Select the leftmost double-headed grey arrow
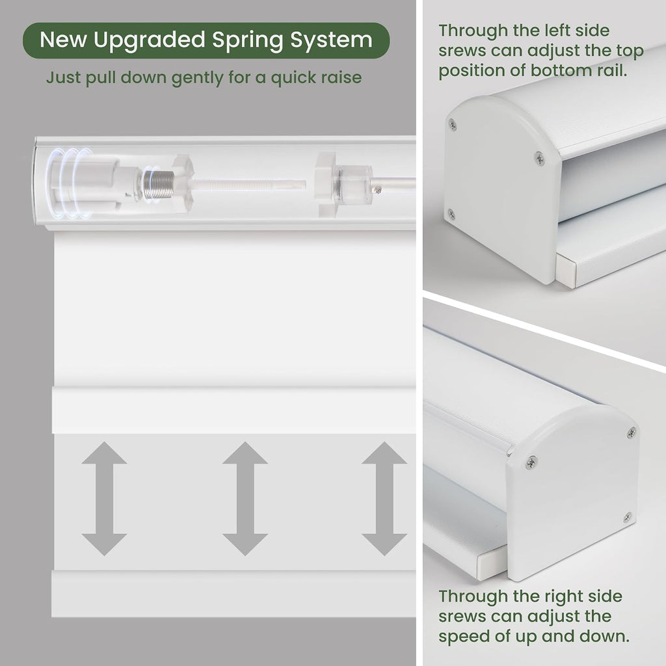pyautogui.click(x=104, y=498)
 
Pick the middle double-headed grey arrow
pyautogui.click(x=245, y=498)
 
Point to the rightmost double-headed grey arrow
pyautogui.click(x=384, y=498)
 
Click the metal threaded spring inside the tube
pyautogui.click(x=157, y=185)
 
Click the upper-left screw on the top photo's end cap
pyautogui.click(x=453, y=124)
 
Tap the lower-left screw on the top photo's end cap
pyautogui.click(x=451, y=213)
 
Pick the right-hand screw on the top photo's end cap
pyautogui.click(x=539, y=158)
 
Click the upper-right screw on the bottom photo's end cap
pyautogui.click(x=631, y=433)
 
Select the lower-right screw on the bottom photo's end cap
pyautogui.click(x=628, y=517)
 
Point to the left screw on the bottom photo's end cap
pyautogui.click(x=531, y=462)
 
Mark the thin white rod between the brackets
pyautogui.click(x=249, y=184)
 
